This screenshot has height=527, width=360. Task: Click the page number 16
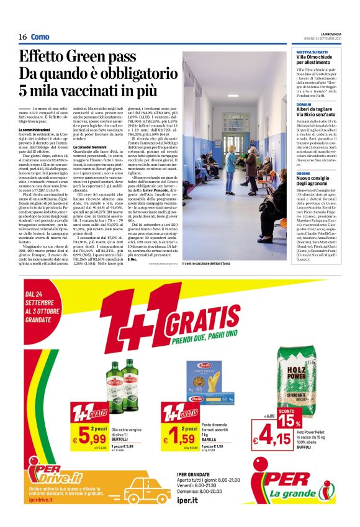point(22,37)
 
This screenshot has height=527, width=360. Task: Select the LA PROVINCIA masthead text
point(327,34)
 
